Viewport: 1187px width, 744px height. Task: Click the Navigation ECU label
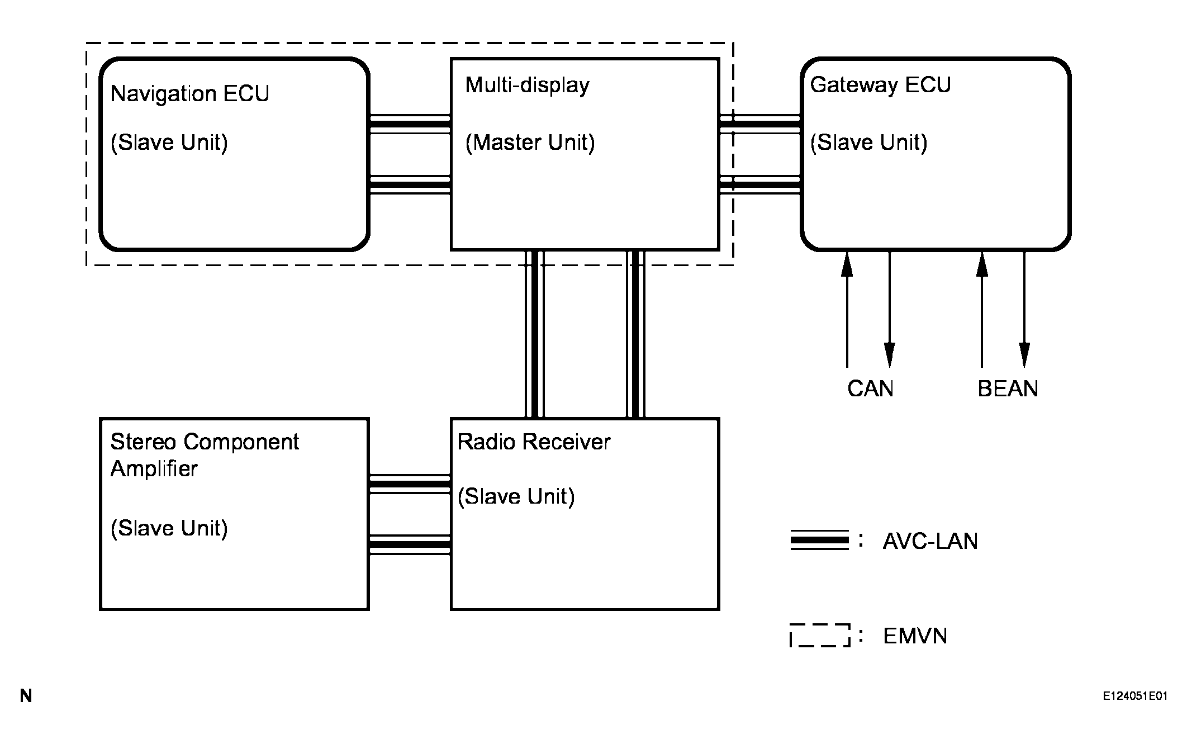coord(189,94)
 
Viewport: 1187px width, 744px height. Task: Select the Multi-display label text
coord(527,86)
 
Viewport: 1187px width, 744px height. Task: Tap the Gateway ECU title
coord(880,85)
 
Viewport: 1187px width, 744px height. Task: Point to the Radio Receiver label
coord(534,442)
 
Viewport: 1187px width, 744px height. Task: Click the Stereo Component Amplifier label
coord(204,455)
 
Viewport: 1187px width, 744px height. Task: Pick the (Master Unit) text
coord(530,143)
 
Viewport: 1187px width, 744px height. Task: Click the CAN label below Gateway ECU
coord(870,388)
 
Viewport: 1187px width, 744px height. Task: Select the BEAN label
coord(1008,388)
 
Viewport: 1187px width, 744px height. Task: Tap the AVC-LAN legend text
coord(930,541)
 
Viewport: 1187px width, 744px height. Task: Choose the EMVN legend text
coord(915,636)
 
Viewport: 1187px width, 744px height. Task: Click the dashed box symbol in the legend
coord(820,636)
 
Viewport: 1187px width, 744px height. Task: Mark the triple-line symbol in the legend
coord(819,541)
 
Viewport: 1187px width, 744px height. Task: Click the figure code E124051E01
coord(1134,696)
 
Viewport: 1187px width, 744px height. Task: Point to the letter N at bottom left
coord(26,696)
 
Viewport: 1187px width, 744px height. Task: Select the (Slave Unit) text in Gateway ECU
coord(868,143)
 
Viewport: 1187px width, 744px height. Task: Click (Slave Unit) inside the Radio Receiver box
coord(516,496)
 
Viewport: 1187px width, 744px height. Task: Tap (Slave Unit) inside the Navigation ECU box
coord(169,143)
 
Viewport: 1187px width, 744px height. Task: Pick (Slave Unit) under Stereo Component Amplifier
coord(169,528)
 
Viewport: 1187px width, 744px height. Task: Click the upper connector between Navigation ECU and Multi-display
coord(410,124)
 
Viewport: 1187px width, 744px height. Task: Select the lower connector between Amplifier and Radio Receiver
coord(410,544)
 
